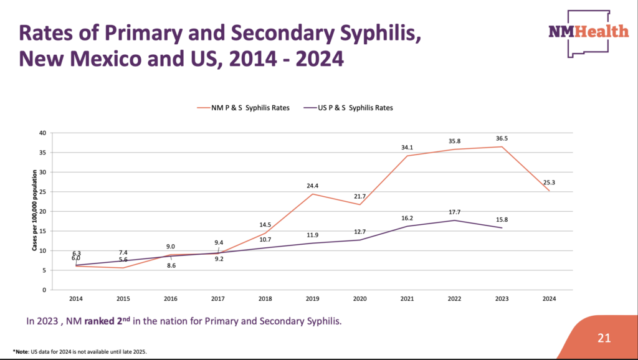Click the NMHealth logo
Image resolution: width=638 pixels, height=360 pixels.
[x=588, y=32]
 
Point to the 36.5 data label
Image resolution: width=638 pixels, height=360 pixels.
[x=502, y=138]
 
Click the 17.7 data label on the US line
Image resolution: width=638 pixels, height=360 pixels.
[x=454, y=212]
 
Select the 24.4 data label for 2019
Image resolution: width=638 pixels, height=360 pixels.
[x=313, y=186]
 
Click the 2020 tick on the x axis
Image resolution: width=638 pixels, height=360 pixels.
[x=359, y=299]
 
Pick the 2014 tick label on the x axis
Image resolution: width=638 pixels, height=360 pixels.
[x=76, y=299]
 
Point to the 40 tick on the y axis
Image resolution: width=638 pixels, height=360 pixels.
[x=42, y=133]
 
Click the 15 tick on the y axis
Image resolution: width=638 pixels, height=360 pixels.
[x=42, y=231]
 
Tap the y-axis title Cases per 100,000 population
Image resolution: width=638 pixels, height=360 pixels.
[x=36, y=211]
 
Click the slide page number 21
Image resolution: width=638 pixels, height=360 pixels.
[x=604, y=338]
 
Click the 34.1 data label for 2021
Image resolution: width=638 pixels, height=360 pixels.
[x=407, y=148]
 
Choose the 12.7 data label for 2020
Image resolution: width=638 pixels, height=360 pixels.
[x=359, y=232]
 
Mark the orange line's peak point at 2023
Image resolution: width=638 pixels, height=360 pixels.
[x=502, y=146]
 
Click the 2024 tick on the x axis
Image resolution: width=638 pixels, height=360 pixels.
[x=549, y=299]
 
